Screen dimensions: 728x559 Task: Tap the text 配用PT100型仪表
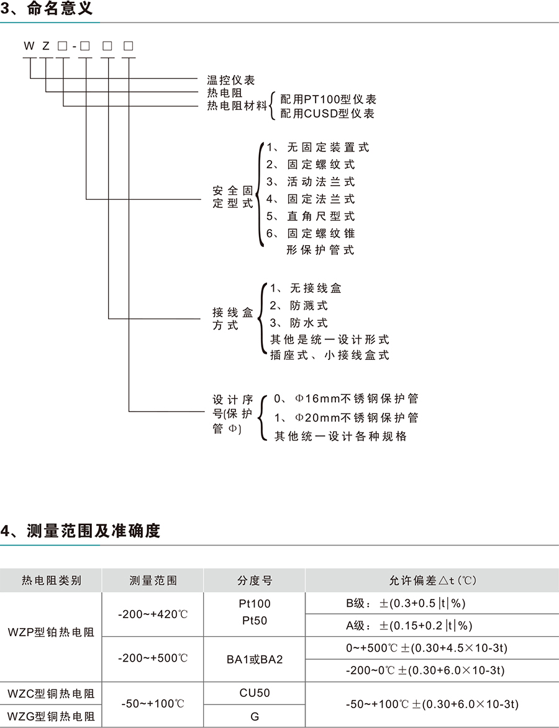[x=328, y=99]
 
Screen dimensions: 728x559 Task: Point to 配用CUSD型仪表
[x=327, y=114]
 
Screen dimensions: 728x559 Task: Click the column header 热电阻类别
[x=52, y=581]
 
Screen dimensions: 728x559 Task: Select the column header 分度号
[x=255, y=581]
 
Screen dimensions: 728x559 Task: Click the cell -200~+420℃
[x=153, y=614]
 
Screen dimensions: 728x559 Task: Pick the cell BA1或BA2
[x=255, y=659]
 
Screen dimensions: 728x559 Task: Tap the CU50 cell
[x=255, y=693]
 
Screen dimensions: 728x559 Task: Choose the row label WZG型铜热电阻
[x=52, y=716]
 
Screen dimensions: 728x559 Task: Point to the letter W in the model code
[x=29, y=46]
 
